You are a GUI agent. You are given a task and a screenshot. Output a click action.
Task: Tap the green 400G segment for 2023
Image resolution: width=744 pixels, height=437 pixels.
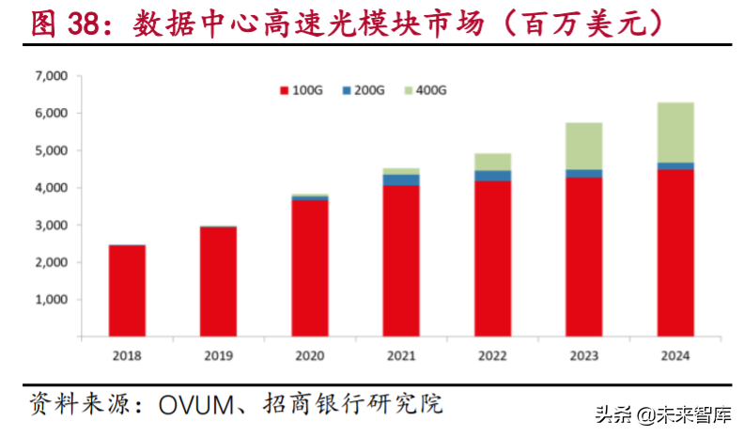click(x=583, y=146)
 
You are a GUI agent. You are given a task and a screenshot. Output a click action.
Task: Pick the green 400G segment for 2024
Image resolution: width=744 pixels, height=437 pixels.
click(x=674, y=133)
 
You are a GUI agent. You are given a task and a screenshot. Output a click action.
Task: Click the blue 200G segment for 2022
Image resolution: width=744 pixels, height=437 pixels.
click(x=492, y=176)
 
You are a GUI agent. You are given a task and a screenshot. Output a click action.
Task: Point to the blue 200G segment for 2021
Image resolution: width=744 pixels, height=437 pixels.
click(x=401, y=179)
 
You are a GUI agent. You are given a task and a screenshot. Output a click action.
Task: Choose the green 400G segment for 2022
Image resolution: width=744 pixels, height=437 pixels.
click(x=492, y=162)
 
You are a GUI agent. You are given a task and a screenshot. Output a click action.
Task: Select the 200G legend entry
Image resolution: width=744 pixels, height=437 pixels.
click(x=362, y=90)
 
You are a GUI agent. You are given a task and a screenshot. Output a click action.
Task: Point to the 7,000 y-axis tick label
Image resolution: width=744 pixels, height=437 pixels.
click(x=47, y=75)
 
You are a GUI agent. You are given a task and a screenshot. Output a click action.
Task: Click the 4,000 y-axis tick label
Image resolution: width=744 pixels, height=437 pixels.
click(x=47, y=188)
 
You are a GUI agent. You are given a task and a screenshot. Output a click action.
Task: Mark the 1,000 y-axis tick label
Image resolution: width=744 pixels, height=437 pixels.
click(x=47, y=300)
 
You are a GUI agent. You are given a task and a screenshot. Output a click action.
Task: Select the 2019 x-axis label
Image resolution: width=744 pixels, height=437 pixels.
click(x=218, y=355)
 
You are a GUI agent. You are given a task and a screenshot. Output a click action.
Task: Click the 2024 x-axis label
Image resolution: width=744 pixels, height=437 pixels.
click(x=674, y=355)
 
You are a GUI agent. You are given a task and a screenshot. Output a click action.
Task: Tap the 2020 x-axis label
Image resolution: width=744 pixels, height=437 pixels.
click(x=309, y=355)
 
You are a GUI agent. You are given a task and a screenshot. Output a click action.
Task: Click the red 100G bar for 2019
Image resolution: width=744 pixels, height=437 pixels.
click(x=218, y=281)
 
